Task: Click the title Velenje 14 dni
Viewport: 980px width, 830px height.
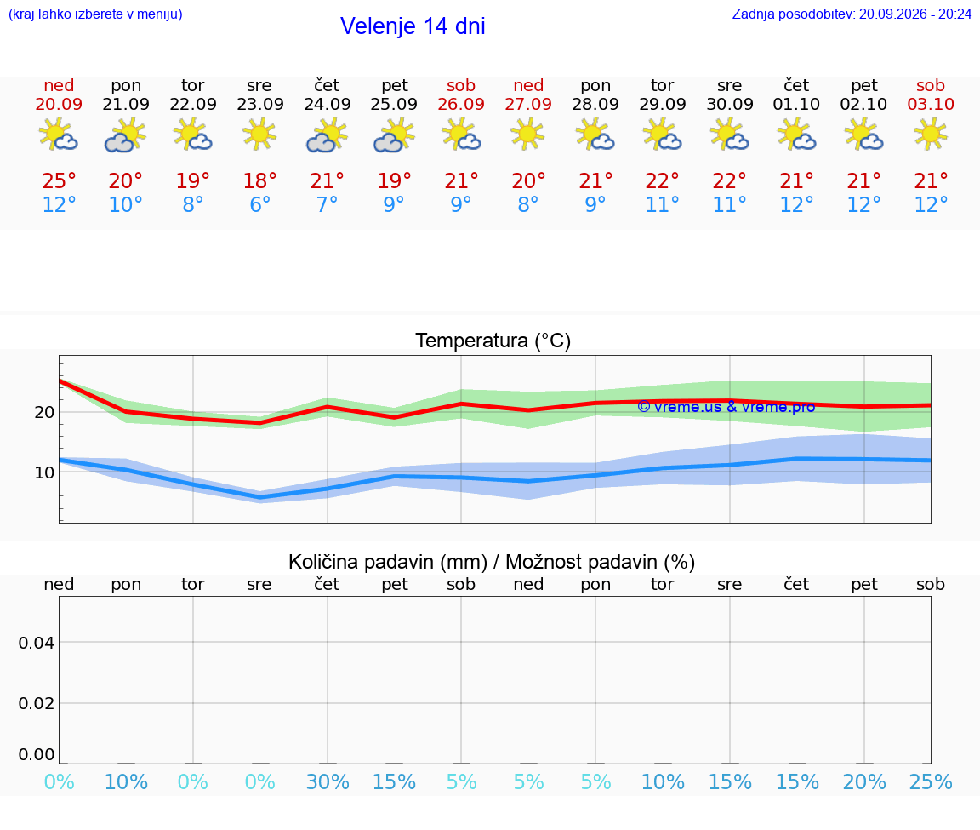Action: [413, 26]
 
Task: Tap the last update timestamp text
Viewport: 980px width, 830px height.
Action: [852, 14]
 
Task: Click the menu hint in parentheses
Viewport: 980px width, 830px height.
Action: [95, 14]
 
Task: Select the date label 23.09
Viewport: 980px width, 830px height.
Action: [260, 104]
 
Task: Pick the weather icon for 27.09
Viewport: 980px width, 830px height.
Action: [527, 135]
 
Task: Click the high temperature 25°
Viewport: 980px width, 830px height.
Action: [59, 180]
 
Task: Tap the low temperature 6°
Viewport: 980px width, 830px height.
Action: [260, 204]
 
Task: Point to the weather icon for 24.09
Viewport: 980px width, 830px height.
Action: [327, 135]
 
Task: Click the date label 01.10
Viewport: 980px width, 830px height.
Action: [796, 104]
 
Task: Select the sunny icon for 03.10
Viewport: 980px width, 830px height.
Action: [931, 135]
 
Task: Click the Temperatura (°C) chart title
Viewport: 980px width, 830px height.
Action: [493, 341]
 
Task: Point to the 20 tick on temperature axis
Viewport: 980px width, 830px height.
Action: [44, 412]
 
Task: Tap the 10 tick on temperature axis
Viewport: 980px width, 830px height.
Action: [44, 472]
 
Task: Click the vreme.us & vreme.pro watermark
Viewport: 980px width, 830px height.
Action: [726, 407]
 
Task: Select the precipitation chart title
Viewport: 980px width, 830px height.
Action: [492, 562]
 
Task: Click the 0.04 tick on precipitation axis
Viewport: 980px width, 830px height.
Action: [37, 643]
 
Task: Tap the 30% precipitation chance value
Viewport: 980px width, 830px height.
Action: [328, 781]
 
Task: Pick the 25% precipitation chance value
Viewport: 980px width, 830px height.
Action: [931, 781]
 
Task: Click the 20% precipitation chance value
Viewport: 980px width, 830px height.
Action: [864, 781]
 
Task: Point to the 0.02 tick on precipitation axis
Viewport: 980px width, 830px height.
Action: [37, 703]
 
